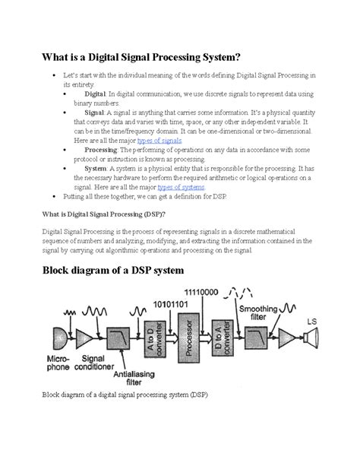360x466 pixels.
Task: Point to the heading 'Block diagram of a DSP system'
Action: [143, 272]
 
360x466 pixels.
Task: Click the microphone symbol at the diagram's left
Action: [58, 338]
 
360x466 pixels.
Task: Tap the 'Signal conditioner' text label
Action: [95, 366]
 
